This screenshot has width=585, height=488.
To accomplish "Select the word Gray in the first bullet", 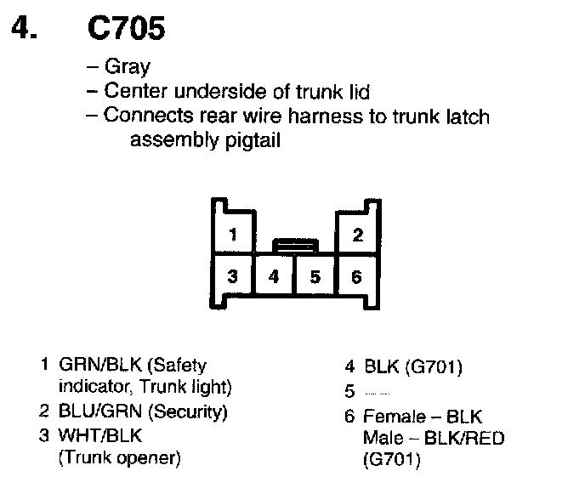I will [127, 67].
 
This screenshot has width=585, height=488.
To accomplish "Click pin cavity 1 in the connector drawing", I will [232, 235].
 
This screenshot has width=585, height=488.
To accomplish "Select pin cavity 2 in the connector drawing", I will [358, 235].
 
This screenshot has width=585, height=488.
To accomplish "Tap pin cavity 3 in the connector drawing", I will [232, 275].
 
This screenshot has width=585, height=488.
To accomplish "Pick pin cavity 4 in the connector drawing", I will [273, 275].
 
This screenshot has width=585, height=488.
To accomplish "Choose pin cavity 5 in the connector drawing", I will [315, 275].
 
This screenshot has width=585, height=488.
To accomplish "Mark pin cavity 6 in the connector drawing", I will [357, 275].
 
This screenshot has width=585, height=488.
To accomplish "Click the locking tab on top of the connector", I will [294, 246].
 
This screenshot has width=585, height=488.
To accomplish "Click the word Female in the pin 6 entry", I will [393, 417].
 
